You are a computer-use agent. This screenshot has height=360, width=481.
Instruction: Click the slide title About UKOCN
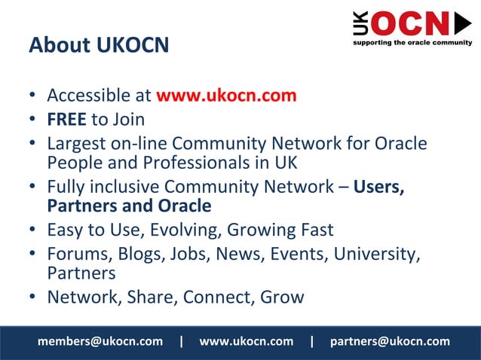pyautogui.click(x=98, y=45)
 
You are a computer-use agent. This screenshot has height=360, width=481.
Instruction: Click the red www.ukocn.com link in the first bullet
pyautogui.click(x=226, y=96)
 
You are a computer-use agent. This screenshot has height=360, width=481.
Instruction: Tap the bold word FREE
pyautogui.click(x=66, y=119)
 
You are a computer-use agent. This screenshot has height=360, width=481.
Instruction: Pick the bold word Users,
pyautogui.click(x=379, y=186)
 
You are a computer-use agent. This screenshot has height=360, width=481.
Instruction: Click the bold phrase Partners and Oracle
pyautogui.click(x=129, y=206)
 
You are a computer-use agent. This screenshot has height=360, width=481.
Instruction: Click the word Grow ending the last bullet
pyautogui.click(x=282, y=297)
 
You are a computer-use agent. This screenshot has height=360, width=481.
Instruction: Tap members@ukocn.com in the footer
pyautogui.click(x=100, y=341)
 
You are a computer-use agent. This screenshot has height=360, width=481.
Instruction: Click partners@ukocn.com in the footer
pyautogui.click(x=390, y=341)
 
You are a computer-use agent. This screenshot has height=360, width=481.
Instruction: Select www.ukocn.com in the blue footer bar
pyautogui.click(x=246, y=341)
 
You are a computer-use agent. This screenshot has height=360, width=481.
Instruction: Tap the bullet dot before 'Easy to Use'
pyautogui.click(x=34, y=230)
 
